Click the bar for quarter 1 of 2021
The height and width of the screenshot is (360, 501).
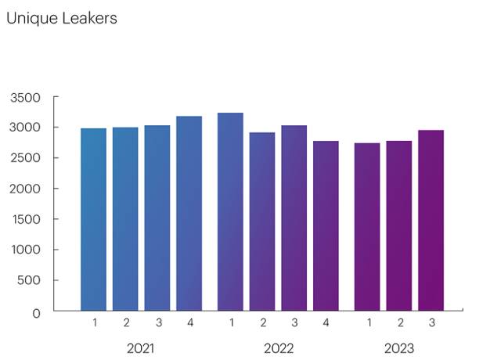click(94, 219)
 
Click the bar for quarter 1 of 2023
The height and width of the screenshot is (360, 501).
click(367, 227)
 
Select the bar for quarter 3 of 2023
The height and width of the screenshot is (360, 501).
click(431, 220)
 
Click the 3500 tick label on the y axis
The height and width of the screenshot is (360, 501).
click(25, 98)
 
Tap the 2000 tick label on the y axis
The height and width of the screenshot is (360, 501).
click(25, 189)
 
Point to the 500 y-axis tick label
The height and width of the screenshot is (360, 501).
click(29, 281)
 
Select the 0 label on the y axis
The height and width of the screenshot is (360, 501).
click(36, 313)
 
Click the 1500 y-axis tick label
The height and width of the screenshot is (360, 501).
click(25, 220)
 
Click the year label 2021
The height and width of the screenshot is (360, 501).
click(141, 348)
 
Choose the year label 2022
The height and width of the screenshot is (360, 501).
click(278, 348)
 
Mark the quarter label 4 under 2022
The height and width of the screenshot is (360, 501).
click(326, 322)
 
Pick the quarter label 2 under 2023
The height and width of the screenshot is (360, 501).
click(399, 322)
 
